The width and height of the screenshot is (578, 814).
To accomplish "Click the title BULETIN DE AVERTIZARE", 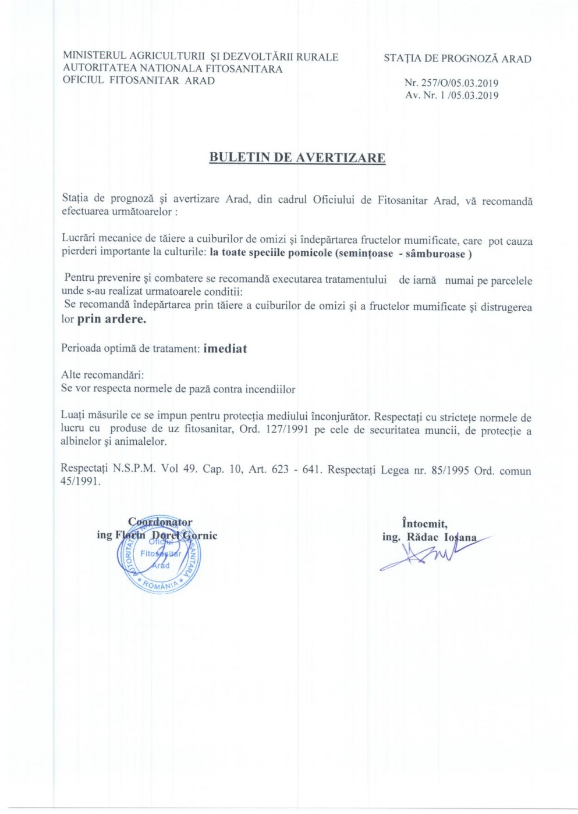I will point(297,158).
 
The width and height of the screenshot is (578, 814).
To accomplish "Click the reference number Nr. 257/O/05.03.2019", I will point(451,83).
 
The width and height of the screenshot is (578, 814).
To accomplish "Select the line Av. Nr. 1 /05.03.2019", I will point(452,95).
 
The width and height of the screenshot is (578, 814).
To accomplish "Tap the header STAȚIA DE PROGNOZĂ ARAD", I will point(457,59).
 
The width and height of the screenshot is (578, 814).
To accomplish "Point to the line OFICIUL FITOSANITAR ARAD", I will point(139,81).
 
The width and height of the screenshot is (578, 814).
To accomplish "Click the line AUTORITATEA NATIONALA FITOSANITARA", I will point(172,69).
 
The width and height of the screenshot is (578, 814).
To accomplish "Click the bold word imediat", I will point(225,349).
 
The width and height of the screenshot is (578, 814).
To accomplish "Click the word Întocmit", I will point(425,523).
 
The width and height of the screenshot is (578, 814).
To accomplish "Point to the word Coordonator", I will point(160,522).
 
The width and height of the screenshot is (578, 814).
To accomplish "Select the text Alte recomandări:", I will point(102,375).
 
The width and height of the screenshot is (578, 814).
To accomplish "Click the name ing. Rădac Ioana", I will point(429,537).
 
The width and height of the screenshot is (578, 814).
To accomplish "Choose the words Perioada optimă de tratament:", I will point(130,349).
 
